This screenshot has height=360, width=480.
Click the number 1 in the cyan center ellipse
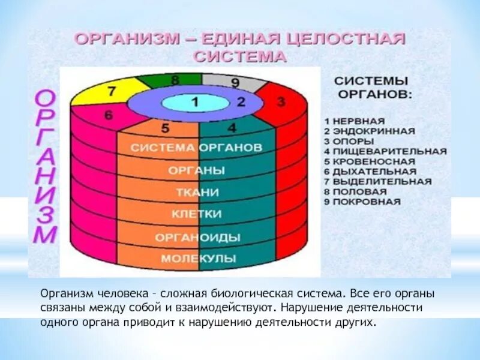tap(194, 102)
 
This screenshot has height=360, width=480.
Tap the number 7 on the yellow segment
tap(112, 92)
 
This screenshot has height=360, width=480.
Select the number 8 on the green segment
tap(175, 79)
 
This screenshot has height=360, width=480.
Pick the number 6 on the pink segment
tap(109, 116)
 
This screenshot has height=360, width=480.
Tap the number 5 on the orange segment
tap(165, 127)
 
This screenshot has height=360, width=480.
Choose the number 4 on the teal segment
tap(232, 127)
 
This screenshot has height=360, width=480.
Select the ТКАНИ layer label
tap(197, 193)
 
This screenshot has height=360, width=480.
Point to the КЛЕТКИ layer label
tap(197, 214)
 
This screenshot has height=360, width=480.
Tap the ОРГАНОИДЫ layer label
tap(197, 237)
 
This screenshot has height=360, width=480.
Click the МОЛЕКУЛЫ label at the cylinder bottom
tap(197, 259)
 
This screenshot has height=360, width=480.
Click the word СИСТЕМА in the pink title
tap(240, 57)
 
